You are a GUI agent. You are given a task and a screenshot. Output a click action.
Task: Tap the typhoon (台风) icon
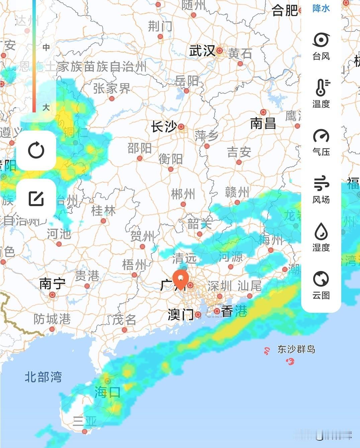pyautogui.click(x=321, y=40)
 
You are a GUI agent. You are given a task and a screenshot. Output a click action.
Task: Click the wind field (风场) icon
pyautogui.click(x=321, y=183)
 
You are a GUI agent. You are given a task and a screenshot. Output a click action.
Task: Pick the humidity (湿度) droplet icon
pyautogui.click(x=321, y=231)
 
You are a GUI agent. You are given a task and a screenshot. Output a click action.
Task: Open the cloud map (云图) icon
pyautogui.click(x=321, y=279)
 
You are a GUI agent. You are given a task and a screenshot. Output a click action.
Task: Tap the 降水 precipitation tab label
pyautogui.click(x=321, y=8)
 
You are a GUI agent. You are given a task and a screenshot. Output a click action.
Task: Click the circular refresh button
pyautogui.click(x=36, y=150)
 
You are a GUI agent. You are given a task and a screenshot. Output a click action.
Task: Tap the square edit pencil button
pyautogui.click(x=36, y=198)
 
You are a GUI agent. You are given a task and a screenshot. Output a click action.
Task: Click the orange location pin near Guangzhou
pyautogui.click(x=181, y=279)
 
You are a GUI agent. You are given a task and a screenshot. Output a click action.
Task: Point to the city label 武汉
pyautogui.click(x=202, y=51)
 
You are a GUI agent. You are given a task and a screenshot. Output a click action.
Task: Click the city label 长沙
pyautogui.click(x=164, y=127)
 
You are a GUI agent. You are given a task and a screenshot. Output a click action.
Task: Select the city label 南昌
pyautogui.click(x=263, y=123)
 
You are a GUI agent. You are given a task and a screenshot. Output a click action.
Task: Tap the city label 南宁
pyautogui.click(x=52, y=284)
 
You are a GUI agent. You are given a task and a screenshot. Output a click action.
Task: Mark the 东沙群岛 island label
pyautogui.click(x=296, y=349)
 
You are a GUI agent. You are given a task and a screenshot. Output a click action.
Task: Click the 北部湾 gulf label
pyautogui.click(x=43, y=377)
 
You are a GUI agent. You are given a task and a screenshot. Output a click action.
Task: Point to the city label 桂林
pyautogui.click(x=103, y=210)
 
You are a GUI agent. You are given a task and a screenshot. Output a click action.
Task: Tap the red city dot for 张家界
pyautogui.click(x=112, y=98)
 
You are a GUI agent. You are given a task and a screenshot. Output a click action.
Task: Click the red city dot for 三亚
pyautogui.click(x=85, y=432)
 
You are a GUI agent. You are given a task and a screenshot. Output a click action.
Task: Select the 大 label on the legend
pyautogui.click(x=46, y=107)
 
